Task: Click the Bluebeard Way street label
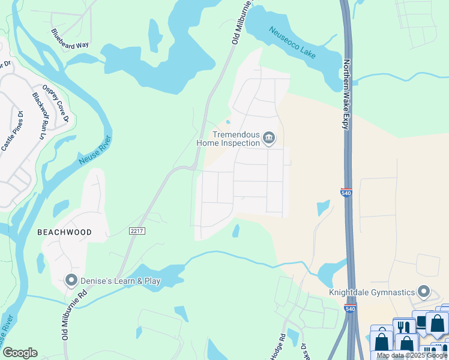tap(70, 38)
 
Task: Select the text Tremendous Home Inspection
tap(228, 139)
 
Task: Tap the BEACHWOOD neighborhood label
tap(64, 232)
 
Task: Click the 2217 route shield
tap(137, 230)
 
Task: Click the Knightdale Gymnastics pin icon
tap(424, 292)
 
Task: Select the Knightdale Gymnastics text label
tap(372, 293)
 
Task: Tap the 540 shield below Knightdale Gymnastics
tap(350, 308)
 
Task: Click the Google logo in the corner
tap(20, 353)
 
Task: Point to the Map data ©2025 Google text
tap(412, 356)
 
